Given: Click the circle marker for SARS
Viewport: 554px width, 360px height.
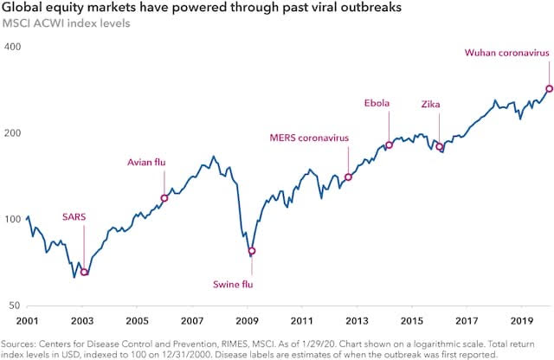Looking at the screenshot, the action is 84,272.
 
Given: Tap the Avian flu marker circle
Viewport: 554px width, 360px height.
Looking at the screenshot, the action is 164,198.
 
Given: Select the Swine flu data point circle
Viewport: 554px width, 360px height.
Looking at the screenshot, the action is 252,251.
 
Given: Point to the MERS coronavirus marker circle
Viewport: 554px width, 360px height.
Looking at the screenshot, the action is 348,177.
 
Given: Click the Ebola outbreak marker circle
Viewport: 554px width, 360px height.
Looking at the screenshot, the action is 389,145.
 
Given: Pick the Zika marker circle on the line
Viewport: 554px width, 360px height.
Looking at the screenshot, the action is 440,146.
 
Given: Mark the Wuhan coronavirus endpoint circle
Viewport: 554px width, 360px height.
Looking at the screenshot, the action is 549,88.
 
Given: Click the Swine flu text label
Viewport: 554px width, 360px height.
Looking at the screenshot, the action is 233,285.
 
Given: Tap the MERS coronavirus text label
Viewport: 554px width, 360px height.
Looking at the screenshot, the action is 309,138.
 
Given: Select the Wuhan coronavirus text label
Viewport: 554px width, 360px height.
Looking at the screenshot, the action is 507,53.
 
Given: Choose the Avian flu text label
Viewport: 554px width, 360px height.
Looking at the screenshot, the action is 146,162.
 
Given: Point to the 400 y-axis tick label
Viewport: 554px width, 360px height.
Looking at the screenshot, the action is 13,47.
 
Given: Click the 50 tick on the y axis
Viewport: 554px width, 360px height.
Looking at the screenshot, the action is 15,305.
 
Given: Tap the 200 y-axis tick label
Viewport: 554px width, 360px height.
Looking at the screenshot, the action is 13,132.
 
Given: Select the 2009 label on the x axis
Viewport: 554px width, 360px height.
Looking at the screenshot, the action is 247,321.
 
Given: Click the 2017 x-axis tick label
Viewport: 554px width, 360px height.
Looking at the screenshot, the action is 467,321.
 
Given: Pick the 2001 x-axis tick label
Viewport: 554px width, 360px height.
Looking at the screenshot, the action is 27,321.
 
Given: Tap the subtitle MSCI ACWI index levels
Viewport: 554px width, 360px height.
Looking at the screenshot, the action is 66,23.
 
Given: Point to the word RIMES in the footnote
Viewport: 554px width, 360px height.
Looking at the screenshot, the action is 235,344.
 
